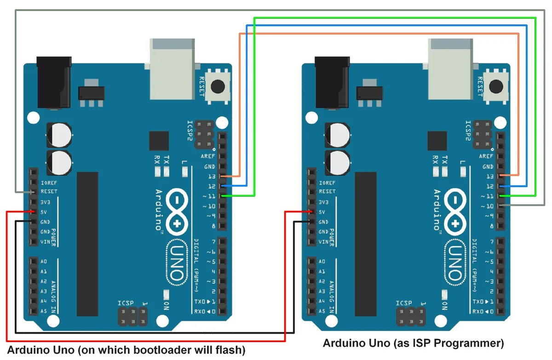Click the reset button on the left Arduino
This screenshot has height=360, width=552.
point(217,86)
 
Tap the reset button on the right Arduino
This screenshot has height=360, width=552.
point(496,86)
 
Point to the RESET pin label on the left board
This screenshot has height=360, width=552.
point(49,192)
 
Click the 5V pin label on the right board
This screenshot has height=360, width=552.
point(322,212)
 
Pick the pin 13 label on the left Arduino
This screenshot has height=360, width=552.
point(212,177)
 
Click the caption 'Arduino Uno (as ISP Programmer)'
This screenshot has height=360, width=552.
point(413,343)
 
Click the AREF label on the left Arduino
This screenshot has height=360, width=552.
point(208,156)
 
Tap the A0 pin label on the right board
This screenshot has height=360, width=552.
point(322,262)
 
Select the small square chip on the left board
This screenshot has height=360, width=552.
point(159,141)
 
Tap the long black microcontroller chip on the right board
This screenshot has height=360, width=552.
point(366,244)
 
